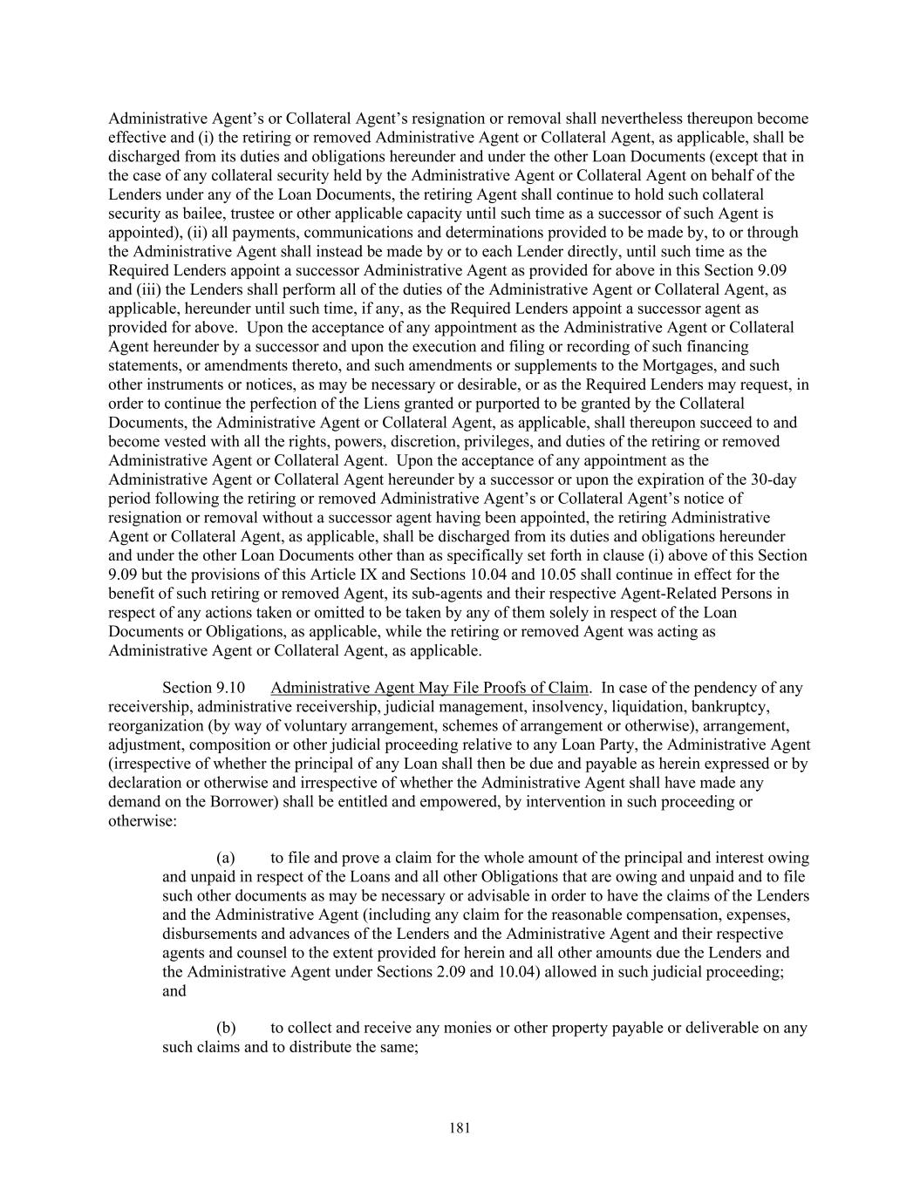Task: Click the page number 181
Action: pos(460,1128)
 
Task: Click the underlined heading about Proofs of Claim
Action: pos(429,688)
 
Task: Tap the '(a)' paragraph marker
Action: pos(225,859)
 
